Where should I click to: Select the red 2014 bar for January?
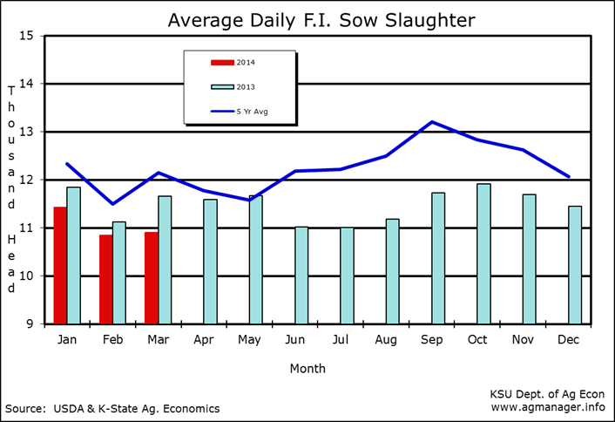pyautogui.click(x=60, y=265)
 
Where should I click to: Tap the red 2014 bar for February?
pyautogui.click(x=105, y=279)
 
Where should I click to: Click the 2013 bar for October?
pyautogui.click(x=483, y=254)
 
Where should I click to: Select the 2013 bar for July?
pyautogui.click(x=347, y=276)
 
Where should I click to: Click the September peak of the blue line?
pyautogui.click(x=433, y=122)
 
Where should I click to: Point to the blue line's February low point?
pyautogui.click(x=112, y=204)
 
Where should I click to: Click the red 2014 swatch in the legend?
pyautogui.click(x=222, y=62)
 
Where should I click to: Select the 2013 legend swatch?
pyautogui.click(x=222, y=86)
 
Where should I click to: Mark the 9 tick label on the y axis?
pyautogui.click(x=28, y=324)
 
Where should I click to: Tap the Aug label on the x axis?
pyautogui.click(x=386, y=339)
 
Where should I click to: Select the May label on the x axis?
pyautogui.click(x=249, y=339)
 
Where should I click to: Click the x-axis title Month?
pyautogui.click(x=307, y=368)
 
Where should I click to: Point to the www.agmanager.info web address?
pyautogui.click(x=548, y=406)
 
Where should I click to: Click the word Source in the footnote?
pyautogui.click(x=24, y=408)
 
